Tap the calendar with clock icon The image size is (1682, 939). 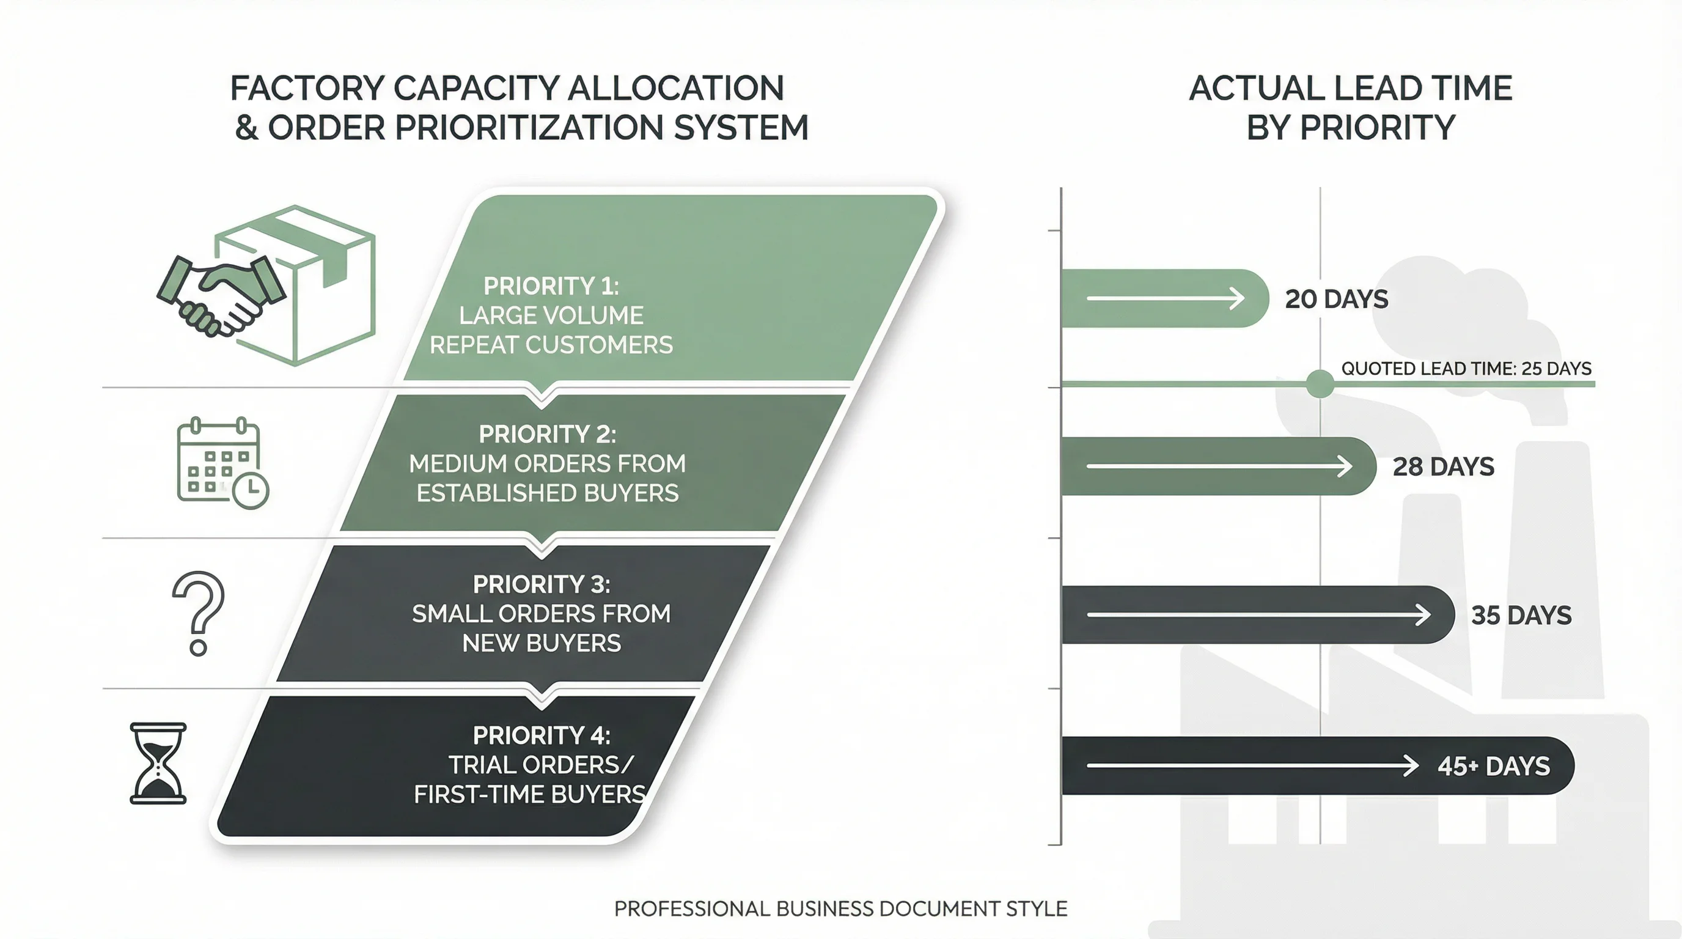point(222,463)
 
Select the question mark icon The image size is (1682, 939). point(199,613)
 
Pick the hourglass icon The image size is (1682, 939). point(158,763)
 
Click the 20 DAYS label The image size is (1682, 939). point(1336,299)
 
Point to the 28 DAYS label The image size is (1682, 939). point(1443,467)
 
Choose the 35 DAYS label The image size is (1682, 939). point(1521,615)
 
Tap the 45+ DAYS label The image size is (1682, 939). point(1493,766)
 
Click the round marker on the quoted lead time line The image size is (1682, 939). point(1320,384)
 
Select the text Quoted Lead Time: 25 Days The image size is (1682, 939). point(1466,368)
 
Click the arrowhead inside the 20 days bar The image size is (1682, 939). point(1236,298)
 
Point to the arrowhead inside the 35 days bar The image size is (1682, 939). point(1422,614)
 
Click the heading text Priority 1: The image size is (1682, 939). point(551,286)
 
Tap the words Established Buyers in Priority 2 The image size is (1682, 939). point(547,493)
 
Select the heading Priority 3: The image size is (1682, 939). point(542,584)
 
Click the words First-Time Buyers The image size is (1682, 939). point(529,795)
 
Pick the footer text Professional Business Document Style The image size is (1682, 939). point(840,908)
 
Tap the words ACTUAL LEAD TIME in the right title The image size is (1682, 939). point(1350,88)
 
